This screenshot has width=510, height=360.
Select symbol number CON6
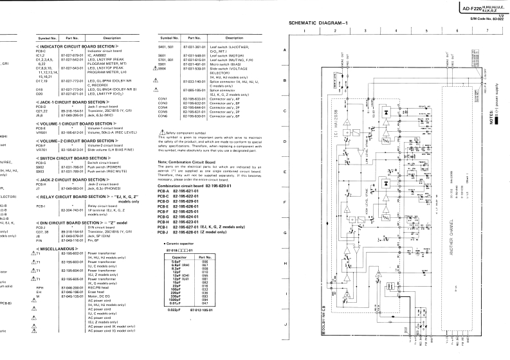coord(162,116)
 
